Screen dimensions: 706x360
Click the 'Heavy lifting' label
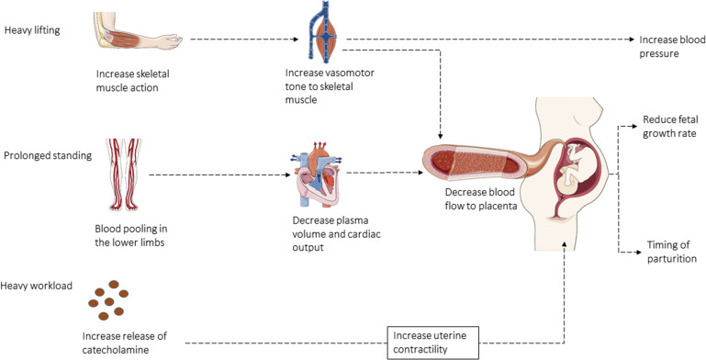click(32, 30)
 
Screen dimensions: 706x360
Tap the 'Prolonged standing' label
click(48, 156)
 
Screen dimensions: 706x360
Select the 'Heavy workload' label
click(37, 287)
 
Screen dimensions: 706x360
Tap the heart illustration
click(316, 174)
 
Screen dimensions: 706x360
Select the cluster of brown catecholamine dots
click(108, 300)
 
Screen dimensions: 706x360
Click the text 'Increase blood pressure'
click(672, 47)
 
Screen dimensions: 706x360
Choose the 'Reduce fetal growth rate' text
click(670, 127)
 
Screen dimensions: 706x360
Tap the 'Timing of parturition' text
click(671, 252)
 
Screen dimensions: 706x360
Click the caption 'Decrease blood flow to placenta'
click(481, 199)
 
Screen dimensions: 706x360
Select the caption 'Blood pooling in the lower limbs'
click(129, 235)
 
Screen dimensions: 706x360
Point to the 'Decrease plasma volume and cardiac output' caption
click(336, 234)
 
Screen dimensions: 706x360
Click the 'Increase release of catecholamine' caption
click(124, 343)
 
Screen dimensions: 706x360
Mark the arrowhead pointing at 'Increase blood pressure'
click(632, 39)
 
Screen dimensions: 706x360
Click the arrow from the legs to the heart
click(220, 174)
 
